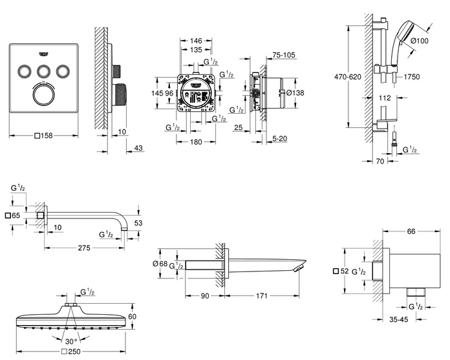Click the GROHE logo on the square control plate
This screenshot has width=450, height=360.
44,54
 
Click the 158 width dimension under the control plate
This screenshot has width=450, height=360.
45,136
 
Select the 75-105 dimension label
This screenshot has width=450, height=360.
283,56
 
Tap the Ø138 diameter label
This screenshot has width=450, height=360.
294,94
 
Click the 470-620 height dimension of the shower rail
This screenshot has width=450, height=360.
329,76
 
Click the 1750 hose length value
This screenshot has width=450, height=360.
411,77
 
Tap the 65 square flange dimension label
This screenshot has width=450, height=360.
15,215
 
